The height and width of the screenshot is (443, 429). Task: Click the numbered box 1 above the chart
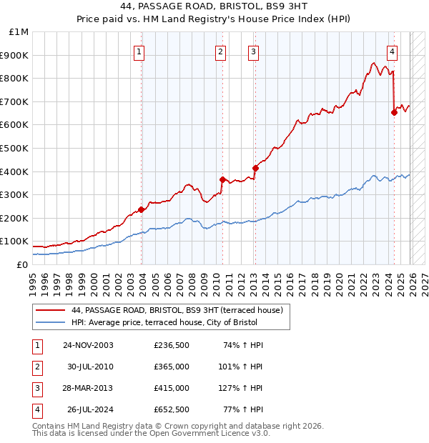pos(139,51)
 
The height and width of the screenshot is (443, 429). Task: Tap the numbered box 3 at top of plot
pos(253,51)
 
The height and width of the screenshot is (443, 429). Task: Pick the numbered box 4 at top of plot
pos(393,51)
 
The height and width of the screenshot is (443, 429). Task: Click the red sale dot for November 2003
pos(142,209)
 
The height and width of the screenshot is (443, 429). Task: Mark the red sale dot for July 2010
pos(222,179)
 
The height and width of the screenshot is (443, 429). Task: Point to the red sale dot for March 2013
pos(255,168)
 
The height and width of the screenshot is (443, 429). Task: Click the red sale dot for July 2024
pos(394,112)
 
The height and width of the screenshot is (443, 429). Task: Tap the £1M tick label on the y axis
pos(19,32)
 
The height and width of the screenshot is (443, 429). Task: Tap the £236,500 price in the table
pos(171,345)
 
